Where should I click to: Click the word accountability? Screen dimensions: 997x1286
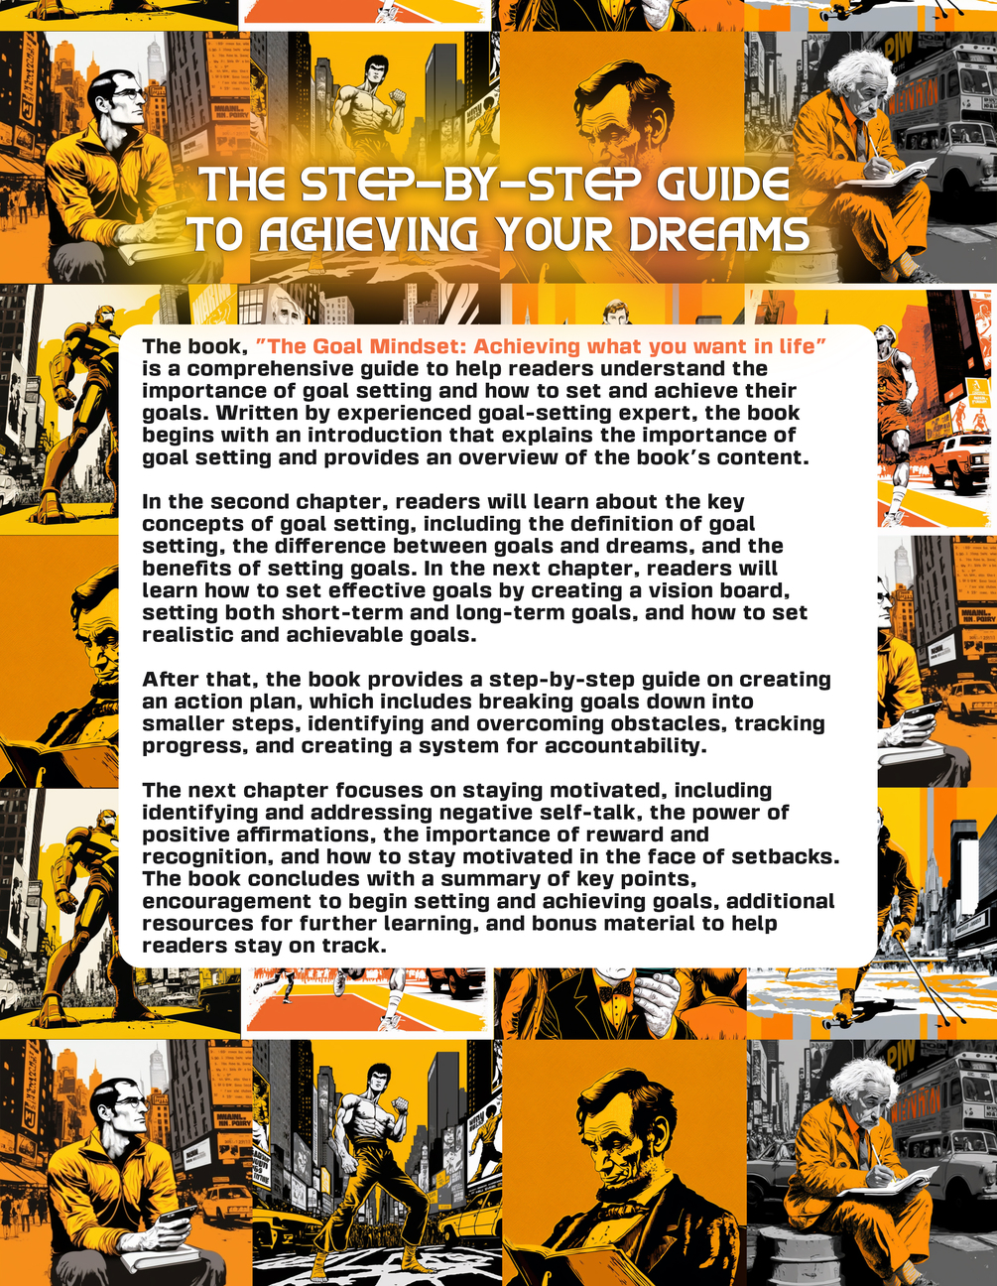[626, 746]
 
